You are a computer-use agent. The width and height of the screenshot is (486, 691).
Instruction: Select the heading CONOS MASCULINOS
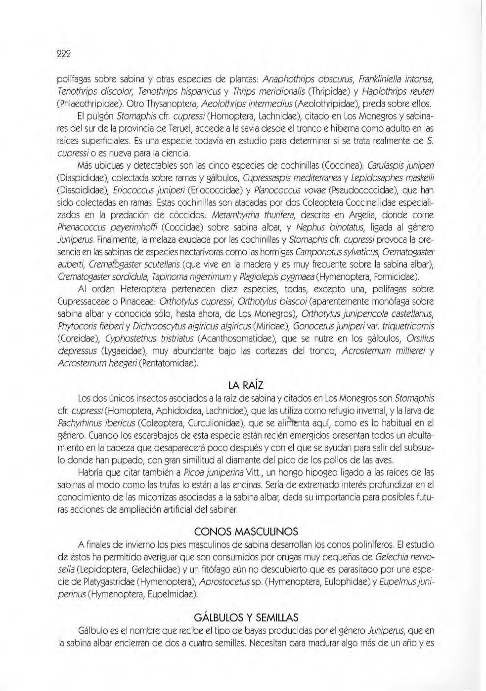(x=246, y=532)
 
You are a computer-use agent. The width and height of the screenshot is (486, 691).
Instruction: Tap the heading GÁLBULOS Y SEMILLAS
(x=246, y=617)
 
